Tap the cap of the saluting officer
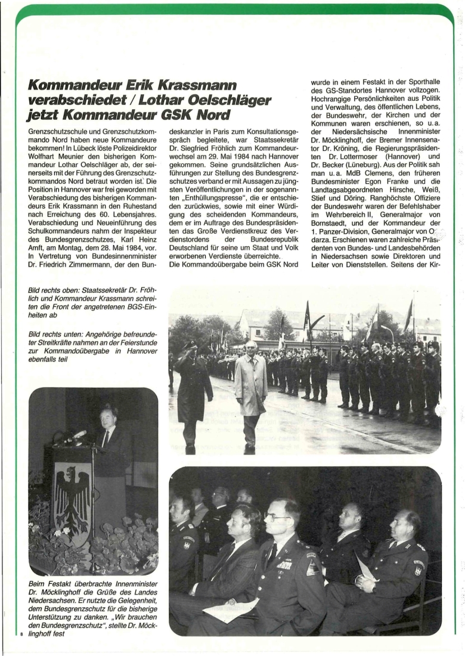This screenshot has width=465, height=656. click(x=191, y=346)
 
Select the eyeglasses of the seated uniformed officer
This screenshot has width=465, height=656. click(x=278, y=516)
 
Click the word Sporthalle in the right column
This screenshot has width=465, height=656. click(x=424, y=83)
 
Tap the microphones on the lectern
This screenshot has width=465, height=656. click(x=76, y=436)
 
